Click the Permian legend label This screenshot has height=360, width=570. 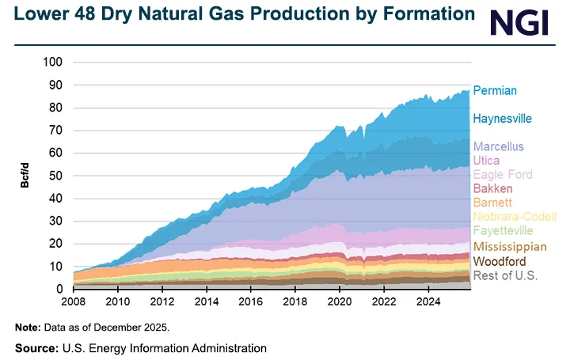click(x=495, y=91)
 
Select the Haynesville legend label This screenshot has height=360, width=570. click(x=502, y=119)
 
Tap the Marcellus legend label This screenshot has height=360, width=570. click(x=498, y=147)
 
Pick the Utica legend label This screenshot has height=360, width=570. click(x=487, y=161)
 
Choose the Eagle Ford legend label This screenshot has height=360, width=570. click(x=503, y=175)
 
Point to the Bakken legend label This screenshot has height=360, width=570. click(x=492, y=189)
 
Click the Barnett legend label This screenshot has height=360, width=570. click(x=492, y=203)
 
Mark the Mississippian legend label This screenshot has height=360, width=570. click(x=509, y=247)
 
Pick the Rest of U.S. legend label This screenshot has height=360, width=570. click(x=504, y=275)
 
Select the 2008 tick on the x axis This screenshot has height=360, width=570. click(x=74, y=301)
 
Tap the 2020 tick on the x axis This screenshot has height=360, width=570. click(x=340, y=301)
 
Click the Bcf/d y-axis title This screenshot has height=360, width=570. click(x=26, y=176)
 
